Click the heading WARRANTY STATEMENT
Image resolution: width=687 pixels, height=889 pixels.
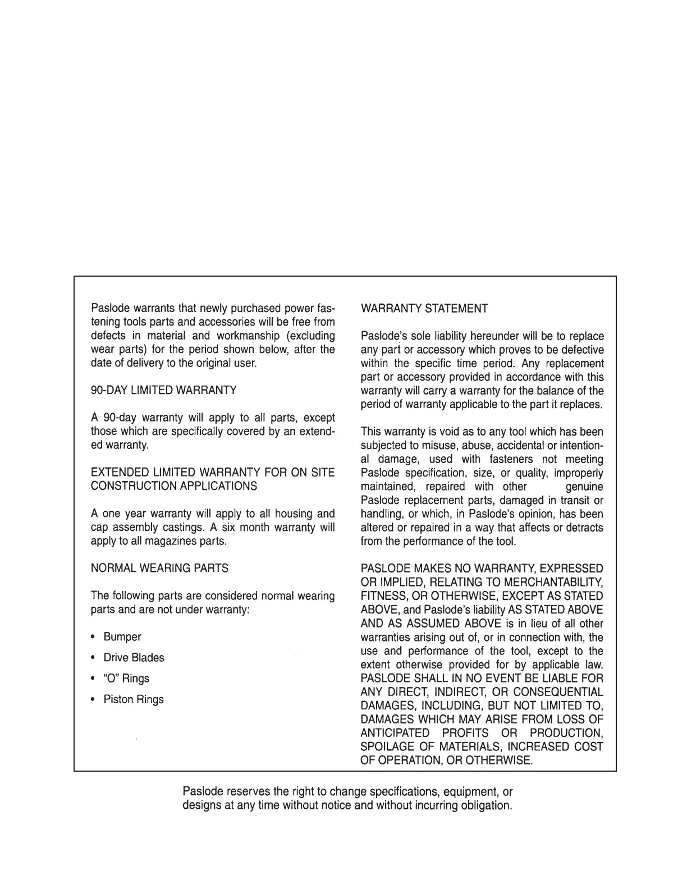coord(424,309)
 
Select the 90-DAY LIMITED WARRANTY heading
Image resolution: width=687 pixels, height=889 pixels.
coord(163,390)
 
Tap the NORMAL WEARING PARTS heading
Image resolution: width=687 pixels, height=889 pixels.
coord(159,569)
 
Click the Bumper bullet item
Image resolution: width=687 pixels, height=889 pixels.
coord(122,637)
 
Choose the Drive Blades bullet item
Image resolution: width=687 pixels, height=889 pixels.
coord(134,658)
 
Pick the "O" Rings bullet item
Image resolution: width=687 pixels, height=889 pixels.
coord(126,679)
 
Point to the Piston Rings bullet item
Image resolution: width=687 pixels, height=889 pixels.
coord(134,700)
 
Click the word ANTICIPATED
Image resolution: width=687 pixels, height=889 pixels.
coord(395,734)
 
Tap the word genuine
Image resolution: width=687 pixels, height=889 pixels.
coord(585,487)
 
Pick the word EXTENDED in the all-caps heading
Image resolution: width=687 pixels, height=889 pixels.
coord(117,473)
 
